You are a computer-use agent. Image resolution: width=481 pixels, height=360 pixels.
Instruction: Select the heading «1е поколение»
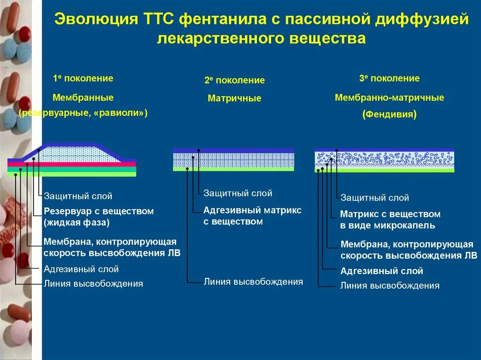[83, 78]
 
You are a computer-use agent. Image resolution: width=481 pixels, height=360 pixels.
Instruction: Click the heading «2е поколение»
[234, 80]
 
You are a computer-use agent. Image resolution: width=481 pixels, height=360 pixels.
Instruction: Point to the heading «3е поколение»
[389, 78]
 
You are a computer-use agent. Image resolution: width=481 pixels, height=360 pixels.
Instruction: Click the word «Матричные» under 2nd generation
[234, 99]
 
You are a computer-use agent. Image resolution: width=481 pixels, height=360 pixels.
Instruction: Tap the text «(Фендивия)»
[389, 114]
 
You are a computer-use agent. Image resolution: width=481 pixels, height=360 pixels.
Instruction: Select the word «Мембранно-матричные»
[389, 98]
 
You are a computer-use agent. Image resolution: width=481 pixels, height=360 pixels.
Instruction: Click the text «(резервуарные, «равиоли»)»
[83, 113]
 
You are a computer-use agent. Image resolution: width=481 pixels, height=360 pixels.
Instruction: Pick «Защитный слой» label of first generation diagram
[78, 196]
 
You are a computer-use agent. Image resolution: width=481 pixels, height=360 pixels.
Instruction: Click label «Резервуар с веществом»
[99, 211]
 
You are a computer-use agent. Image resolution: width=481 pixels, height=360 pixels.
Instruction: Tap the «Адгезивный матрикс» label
[252, 210]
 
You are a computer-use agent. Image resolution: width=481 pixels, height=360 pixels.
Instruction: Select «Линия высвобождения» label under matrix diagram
[253, 282]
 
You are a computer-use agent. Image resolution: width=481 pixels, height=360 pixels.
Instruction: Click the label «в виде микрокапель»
[388, 225]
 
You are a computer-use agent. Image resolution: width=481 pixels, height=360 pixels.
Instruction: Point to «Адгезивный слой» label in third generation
[381, 271]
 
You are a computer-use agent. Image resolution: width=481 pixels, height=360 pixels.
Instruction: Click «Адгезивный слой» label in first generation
[81, 269]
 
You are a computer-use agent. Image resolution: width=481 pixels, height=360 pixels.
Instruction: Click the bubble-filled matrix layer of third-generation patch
[384, 157]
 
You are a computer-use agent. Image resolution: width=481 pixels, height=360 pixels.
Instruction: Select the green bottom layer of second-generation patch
[233, 169]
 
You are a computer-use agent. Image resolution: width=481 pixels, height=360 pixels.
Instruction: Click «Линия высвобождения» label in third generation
[390, 285]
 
